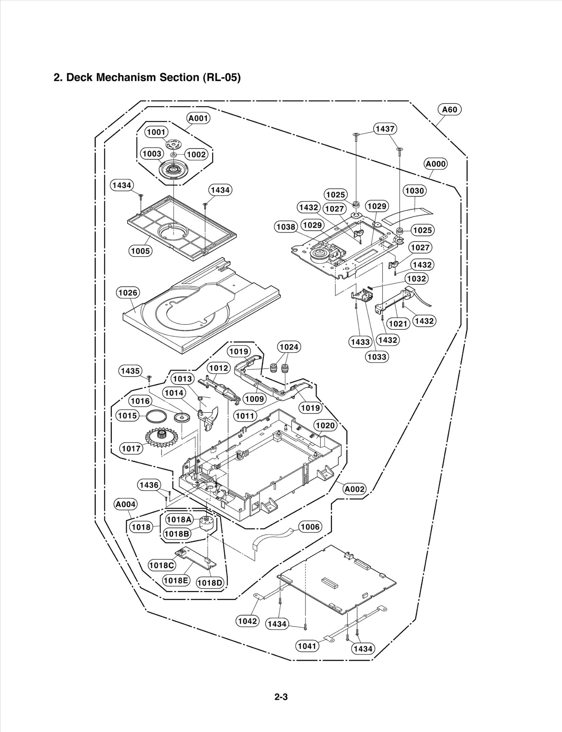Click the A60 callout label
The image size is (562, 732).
pos(450,110)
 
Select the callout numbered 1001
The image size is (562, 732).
pos(156,132)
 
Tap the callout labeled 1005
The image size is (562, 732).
pos(140,251)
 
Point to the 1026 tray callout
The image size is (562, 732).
pos(128,293)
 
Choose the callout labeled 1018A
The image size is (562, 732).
pos(179,519)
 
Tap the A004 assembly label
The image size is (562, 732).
pos(126,504)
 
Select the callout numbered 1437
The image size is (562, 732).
pos(385,129)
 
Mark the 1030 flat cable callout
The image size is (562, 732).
pos(414,191)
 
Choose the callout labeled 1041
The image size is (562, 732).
pos(307,646)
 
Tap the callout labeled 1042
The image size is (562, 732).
pos(247,621)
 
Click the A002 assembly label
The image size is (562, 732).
pos(354,489)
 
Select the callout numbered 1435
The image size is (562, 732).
pos(130,371)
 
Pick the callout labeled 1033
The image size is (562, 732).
pos(377,357)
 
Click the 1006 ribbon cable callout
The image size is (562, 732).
pos(310,527)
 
